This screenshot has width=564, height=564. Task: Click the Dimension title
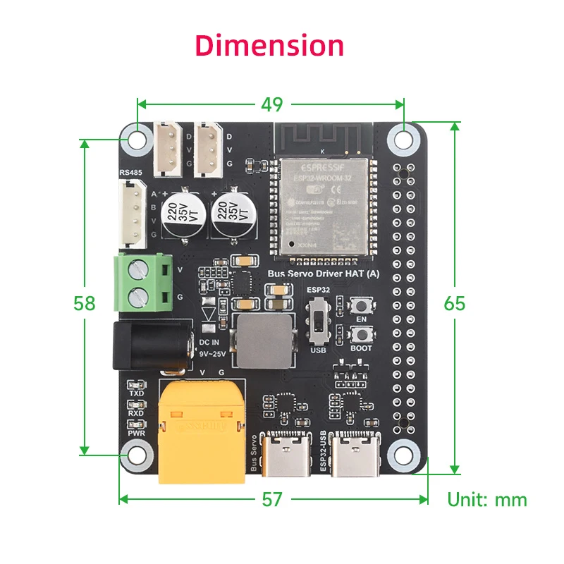pos(270,45)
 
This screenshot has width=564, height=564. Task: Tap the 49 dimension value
pos(271,104)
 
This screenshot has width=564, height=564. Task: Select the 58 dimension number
pos(85,302)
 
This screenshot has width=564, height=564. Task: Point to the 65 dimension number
pos(455,302)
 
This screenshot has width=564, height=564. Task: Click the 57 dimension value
pos(271,499)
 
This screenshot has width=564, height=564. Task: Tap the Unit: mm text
pos(487,500)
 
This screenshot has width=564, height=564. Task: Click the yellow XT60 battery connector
pos(202,431)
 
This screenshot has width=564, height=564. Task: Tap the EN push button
pos(362,306)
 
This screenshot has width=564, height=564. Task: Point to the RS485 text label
pos(130,171)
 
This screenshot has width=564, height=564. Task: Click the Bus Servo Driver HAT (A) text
pos(324,274)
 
